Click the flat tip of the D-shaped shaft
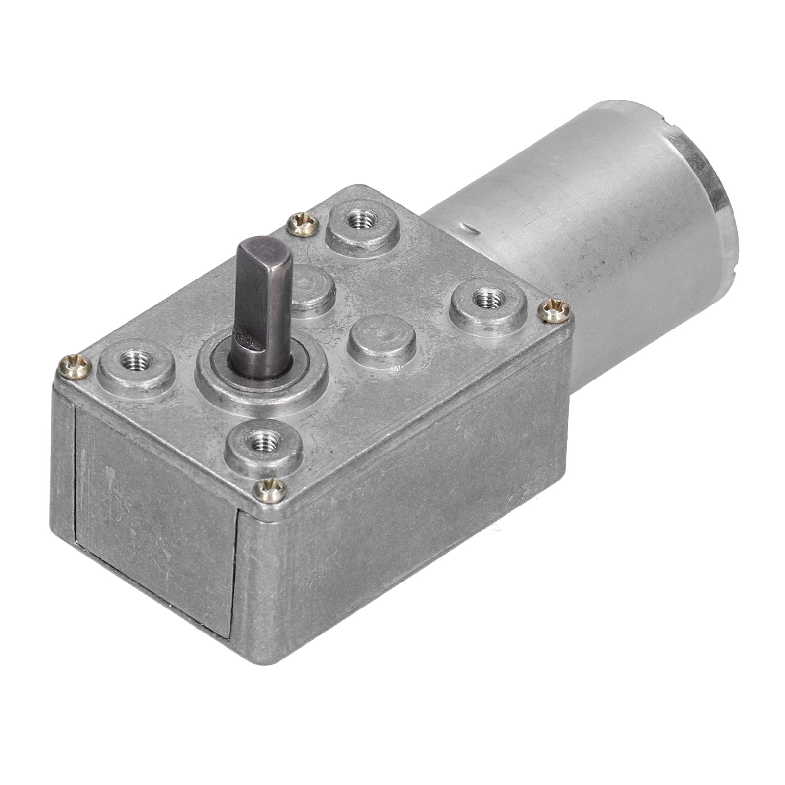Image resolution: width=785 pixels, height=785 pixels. pyautogui.click(x=265, y=249)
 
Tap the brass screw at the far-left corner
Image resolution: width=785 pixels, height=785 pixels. pyautogui.click(x=75, y=366)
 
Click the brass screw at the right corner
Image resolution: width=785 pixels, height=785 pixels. pyautogui.click(x=555, y=311)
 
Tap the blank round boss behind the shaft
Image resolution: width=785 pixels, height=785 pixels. pyautogui.click(x=314, y=287)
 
